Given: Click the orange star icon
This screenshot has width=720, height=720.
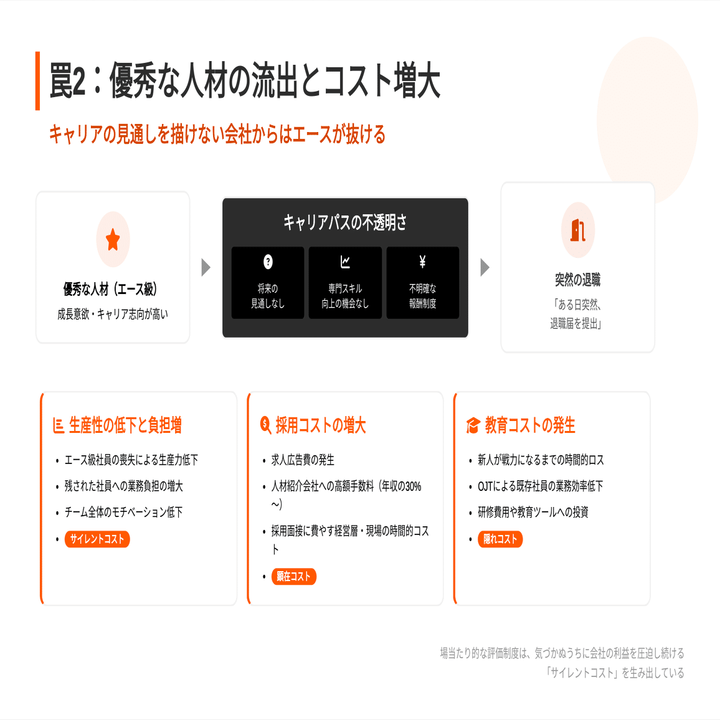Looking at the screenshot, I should [113, 240].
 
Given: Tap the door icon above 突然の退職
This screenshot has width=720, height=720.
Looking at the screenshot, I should [578, 230].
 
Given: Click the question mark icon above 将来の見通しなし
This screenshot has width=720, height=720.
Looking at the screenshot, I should [268, 262].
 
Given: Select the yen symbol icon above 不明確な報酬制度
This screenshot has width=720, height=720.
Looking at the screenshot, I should [422, 262].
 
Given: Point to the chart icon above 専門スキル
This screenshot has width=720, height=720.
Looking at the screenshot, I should [345, 262].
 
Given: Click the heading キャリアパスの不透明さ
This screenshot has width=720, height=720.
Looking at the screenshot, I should [345, 222].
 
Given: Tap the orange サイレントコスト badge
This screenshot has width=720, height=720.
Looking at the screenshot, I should [97, 539].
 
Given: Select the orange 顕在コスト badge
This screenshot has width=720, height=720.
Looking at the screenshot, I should [294, 577].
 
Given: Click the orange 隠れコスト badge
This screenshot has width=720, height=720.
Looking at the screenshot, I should [500, 539].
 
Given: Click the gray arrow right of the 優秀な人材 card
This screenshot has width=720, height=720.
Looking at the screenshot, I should [206, 268].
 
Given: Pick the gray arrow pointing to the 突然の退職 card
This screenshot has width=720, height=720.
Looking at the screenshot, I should [485, 268].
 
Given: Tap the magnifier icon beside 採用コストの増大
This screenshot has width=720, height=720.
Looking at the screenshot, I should [265, 425].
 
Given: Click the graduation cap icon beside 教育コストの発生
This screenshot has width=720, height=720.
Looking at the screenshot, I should [473, 426].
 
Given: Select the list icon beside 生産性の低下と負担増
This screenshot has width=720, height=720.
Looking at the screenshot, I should [59, 426].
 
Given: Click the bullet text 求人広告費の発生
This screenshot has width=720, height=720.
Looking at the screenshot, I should [303, 460].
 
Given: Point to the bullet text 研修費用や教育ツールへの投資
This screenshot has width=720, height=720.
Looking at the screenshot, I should [533, 513].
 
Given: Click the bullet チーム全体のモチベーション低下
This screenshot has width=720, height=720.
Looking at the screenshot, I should [123, 513].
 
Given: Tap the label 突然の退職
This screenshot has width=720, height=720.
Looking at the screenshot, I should [578, 280].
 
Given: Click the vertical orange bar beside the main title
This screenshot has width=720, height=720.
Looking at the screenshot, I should [37, 81].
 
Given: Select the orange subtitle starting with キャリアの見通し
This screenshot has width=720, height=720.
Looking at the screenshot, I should [217, 135].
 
